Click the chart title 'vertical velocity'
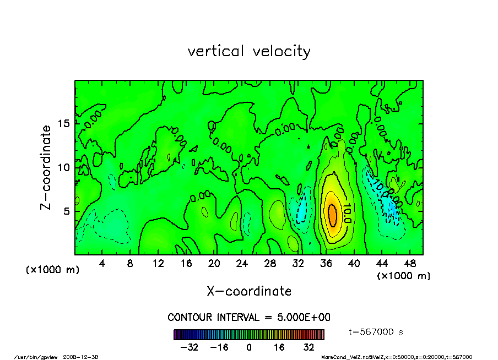pyautogui.click(x=249, y=52)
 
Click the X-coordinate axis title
pyautogui.click(x=249, y=291)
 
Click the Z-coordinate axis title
pyautogui.click(x=46, y=167)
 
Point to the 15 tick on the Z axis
pyautogui.click(x=64, y=123)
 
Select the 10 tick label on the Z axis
pyautogui.click(x=64, y=167)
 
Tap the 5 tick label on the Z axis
pyautogui.click(x=67, y=211)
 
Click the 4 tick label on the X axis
pyautogui.click(x=102, y=264)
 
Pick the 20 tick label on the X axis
pyautogui.click(x=214, y=264)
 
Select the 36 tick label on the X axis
pyautogui.click(x=326, y=264)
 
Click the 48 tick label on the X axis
pyautogui.click(x=410, y=264)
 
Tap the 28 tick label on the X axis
pyautogui.click(x=270, y=264)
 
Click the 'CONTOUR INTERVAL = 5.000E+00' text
pyautogui.click(x=249, y=318)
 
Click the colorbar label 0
pyautogui.click(x=249, y=347)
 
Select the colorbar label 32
pyautogui.click(x=308, y=347)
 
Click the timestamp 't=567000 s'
pyautogui.click(x=377, y=332)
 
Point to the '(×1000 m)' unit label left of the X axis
pyautogui.click(x=53, y=270)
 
